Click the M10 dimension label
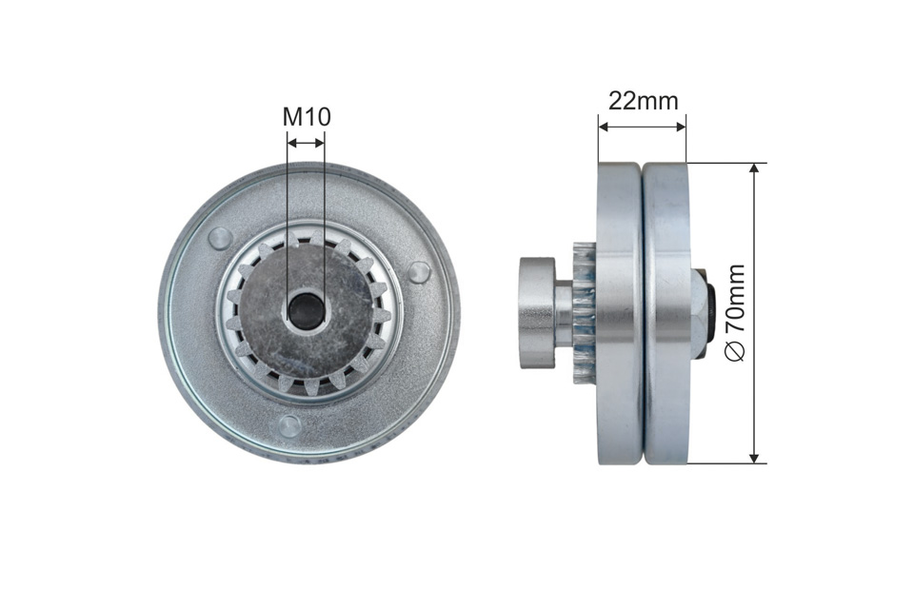pyautogui.click(x=307, y=116)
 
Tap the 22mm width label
pyautogui.click(x=643, y=102)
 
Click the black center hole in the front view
pyautogui.click(x=305, y=310)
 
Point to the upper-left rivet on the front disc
pyautogui.click(x=220, y=237)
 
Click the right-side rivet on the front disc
pyautogui.click(x=419, y=272)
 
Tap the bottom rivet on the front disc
pyautogui.click(x=289, y=426)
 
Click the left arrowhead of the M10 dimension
pyautogui.click(x=292, y=142)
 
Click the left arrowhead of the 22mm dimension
pyautogui.click(x=604, y=127)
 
